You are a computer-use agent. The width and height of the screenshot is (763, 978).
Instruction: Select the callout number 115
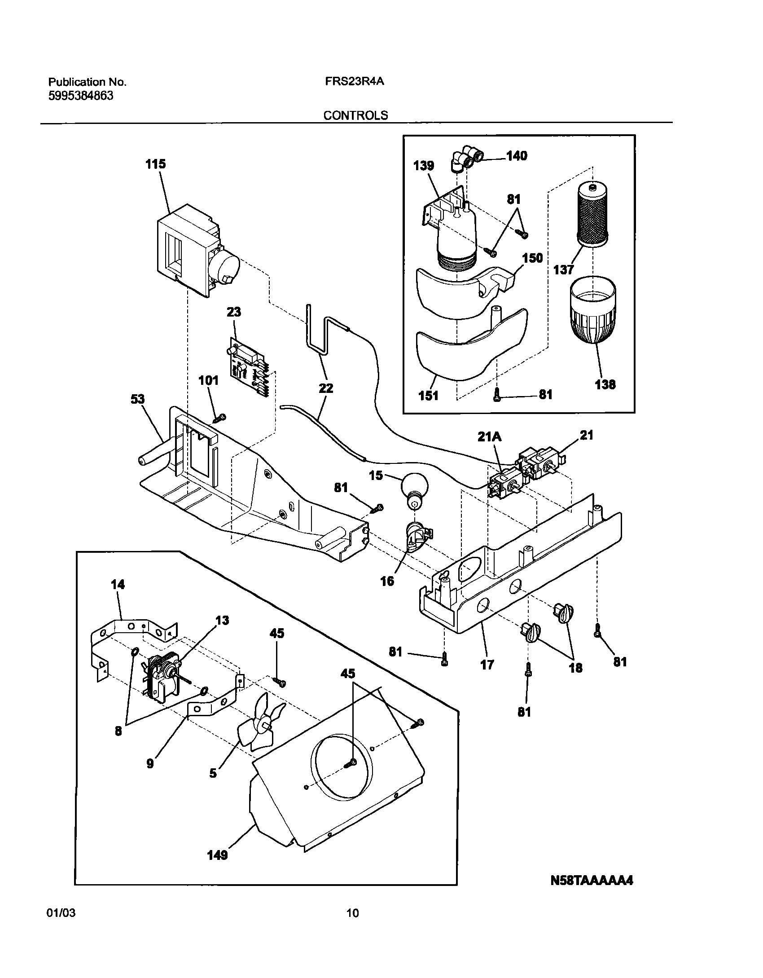pos(155,164)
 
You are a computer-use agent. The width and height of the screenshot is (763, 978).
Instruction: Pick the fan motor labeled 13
pos(162,679)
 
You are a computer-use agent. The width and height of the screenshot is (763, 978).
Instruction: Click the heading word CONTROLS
pos(355,115)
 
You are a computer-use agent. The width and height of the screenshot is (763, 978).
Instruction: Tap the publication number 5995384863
pos(81,96)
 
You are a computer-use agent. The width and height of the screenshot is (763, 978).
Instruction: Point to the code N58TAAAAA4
pos(592,881)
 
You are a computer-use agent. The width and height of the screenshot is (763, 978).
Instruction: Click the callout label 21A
pos(489,436)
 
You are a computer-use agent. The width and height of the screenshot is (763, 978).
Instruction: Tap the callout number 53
pos(138,399)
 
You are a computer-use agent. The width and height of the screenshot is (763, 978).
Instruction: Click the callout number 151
pos(428,396)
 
